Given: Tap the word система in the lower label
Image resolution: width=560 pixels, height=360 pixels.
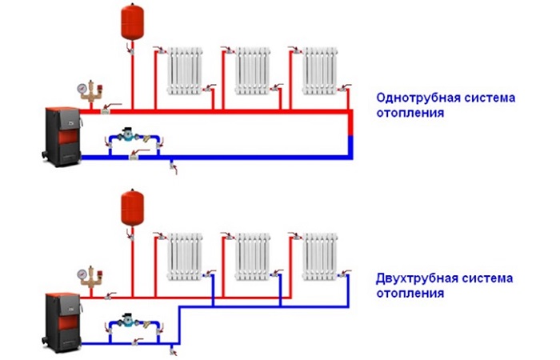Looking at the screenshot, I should (x=486, y=280).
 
